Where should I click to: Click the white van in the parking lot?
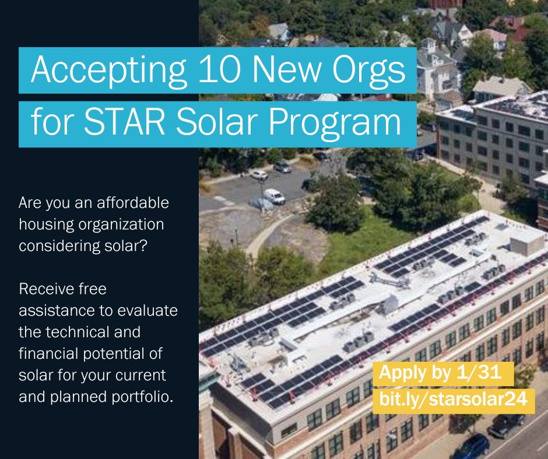273,196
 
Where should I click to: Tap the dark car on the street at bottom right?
471,446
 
